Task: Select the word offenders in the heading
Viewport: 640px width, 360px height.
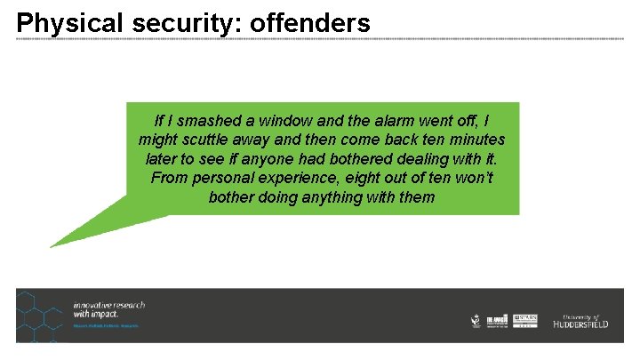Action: click(x=310, y=23)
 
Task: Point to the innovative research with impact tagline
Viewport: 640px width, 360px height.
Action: click(x=109, y=309)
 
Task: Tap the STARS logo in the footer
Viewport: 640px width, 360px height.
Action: click(x=525, y=320)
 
